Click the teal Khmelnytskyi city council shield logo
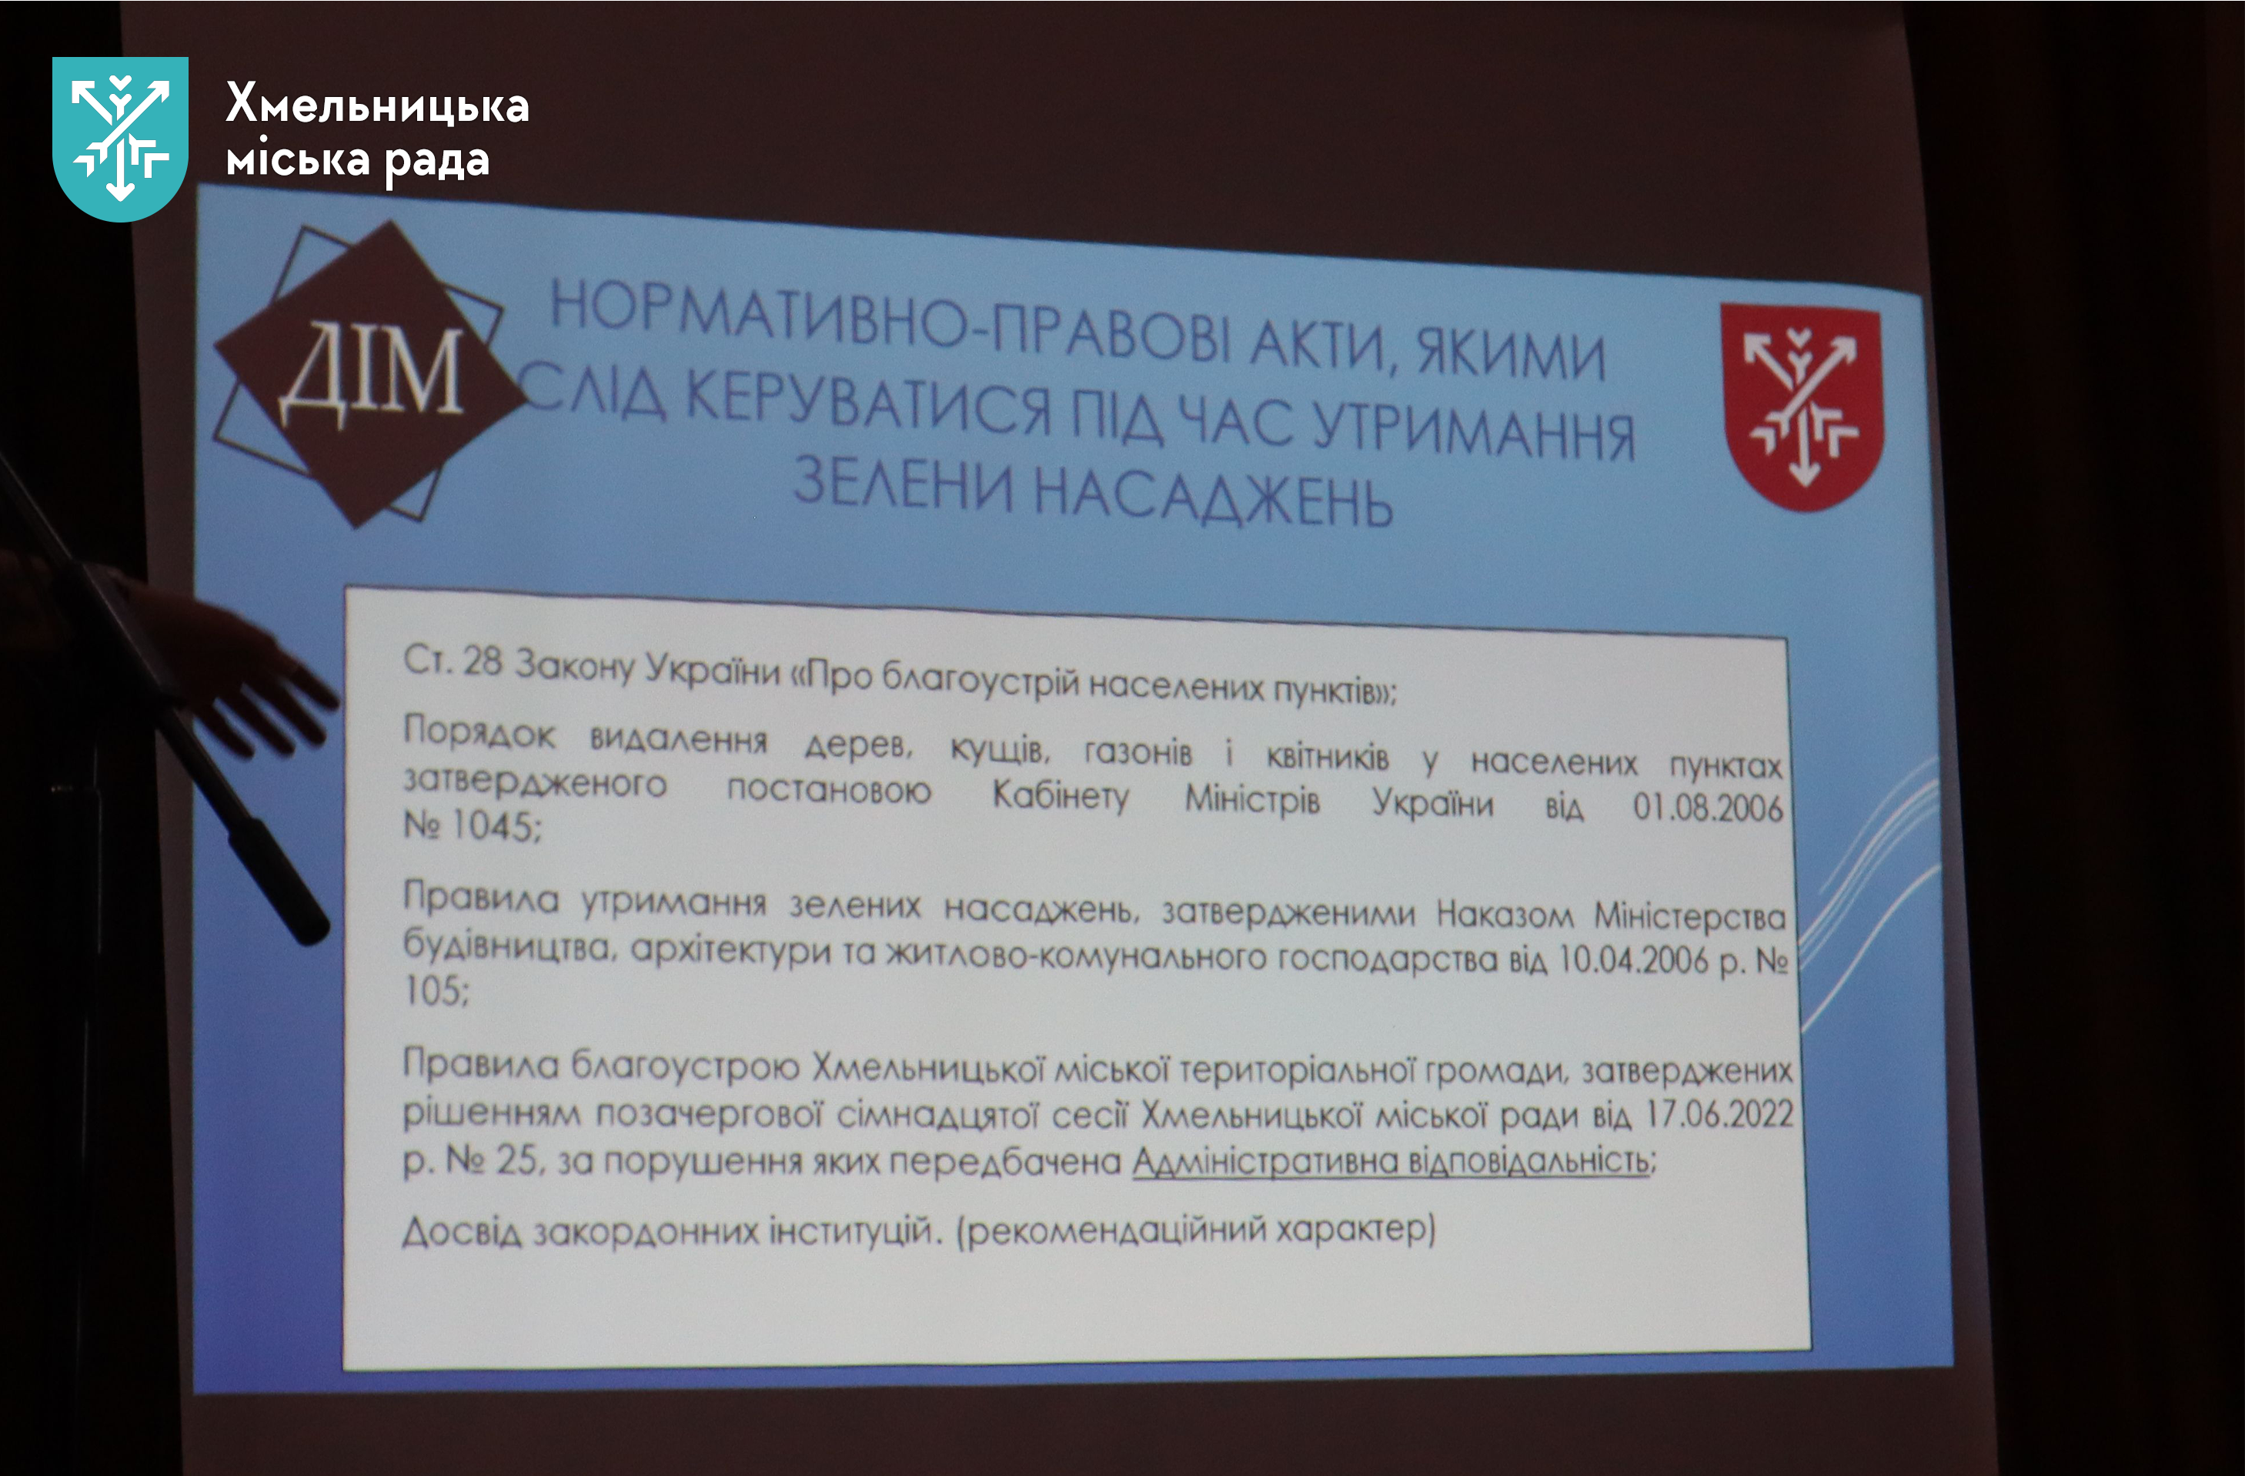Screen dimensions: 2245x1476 click(x=120, y=139)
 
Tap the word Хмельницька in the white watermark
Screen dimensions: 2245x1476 click(x=377, y=104)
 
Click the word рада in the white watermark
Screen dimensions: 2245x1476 click(x=436, y=162)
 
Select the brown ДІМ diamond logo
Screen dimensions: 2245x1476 click(x=369, y=373)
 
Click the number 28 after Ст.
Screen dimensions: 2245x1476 click(x=482, y=661)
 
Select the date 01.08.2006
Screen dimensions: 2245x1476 click(x=1707, y=808)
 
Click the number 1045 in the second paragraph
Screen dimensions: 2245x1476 click(x=493, y=825)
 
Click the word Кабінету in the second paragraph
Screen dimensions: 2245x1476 click(x=1061, y=795)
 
